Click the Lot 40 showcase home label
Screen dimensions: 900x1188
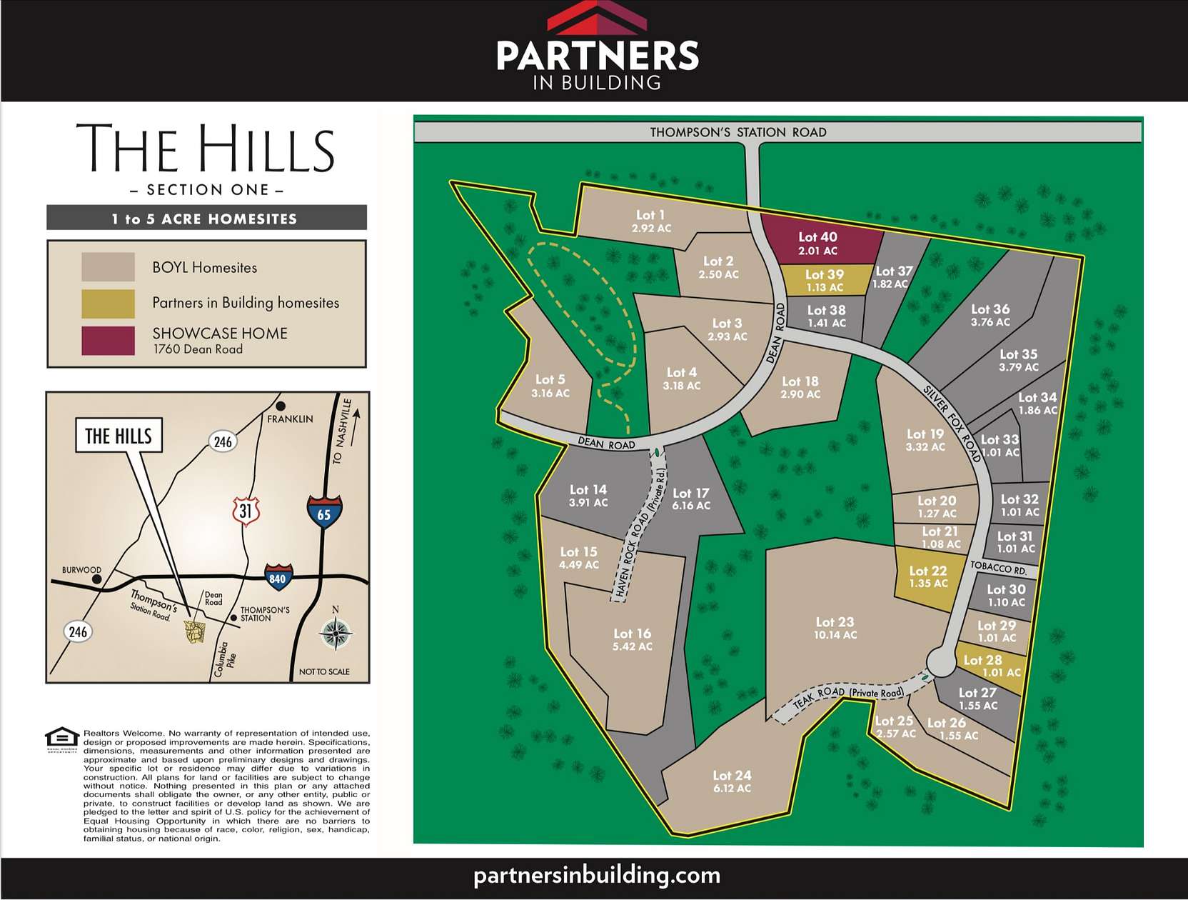point(817,243)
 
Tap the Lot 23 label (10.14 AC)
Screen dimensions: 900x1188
point(835,628)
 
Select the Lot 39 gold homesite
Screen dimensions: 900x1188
point(825,280)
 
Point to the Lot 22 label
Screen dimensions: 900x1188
point(928,576)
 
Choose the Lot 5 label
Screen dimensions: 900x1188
point(550,386)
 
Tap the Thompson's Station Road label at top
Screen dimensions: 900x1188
point(738,132)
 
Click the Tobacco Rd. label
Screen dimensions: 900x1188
point(998,569)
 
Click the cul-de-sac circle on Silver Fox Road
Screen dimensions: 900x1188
point(940,662)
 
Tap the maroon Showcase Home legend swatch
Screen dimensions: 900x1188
point(108,341)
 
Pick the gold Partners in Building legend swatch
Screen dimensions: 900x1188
point(108,304)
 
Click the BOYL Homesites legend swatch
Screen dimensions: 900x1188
point(108,267)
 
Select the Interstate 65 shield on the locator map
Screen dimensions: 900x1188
point(324,512)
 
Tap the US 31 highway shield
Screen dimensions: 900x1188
point(246,511)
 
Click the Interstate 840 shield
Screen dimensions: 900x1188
point(277,577)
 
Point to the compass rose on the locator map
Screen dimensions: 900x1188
point(335,634)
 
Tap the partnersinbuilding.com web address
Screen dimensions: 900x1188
point(596,876)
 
